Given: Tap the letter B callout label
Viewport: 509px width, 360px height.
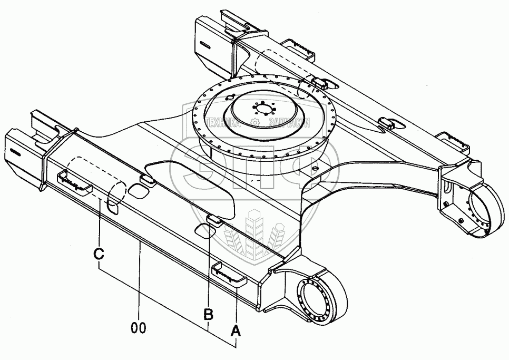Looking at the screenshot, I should (209, 315).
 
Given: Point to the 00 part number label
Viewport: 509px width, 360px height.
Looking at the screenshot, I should (138, 328).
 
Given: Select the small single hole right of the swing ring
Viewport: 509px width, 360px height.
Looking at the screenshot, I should (315, 169).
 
